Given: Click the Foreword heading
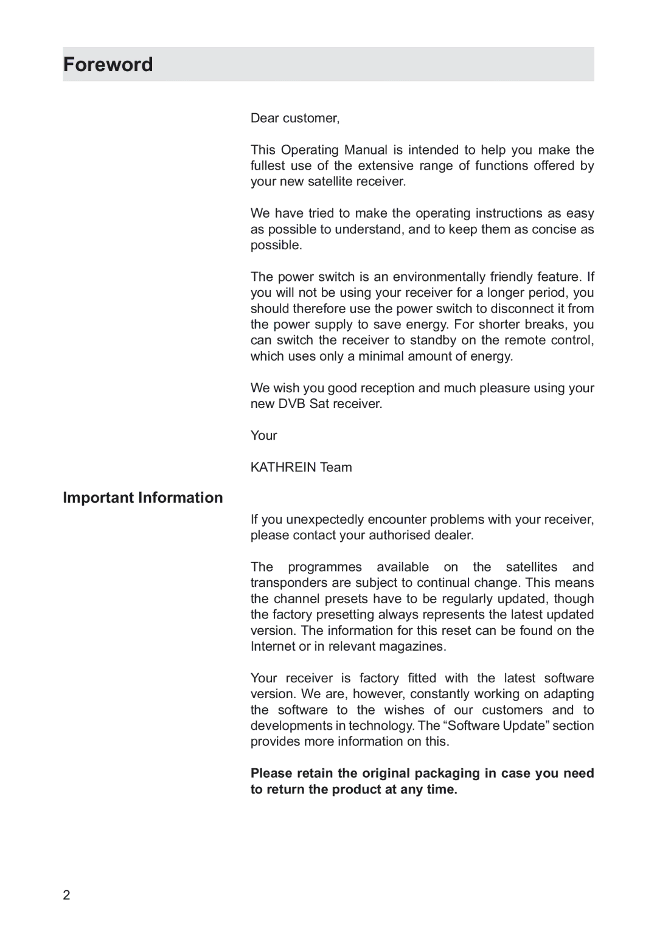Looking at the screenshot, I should click(x=108, y=64).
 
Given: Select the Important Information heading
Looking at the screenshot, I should click(x=143, y=497).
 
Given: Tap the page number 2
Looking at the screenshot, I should click(x=66, y=895).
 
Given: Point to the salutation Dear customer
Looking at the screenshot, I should click(x=295, y=118).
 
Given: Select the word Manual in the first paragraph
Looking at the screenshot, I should click(x=366, y=150).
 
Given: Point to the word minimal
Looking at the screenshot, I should click(x=381, y=356).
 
